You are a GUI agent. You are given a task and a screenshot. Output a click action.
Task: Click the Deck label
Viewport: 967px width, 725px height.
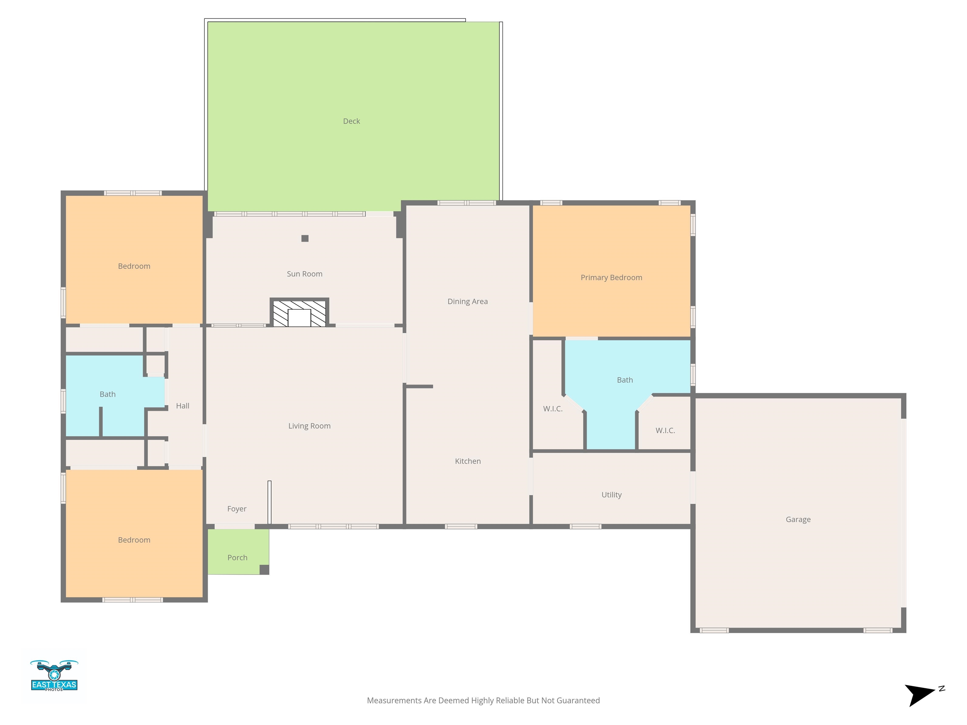coord(352,121)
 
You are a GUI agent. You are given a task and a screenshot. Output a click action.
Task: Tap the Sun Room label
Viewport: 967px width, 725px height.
coord(305,274)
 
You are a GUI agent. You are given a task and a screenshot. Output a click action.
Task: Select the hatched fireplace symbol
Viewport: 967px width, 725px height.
coord(299,313)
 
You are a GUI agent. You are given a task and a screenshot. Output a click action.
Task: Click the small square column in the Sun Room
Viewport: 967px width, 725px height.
coord(305,239)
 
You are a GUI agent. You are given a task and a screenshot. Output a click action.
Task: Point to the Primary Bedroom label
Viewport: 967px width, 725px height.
coord(611,278)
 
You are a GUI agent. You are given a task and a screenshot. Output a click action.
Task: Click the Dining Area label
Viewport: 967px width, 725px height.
coord(467,301)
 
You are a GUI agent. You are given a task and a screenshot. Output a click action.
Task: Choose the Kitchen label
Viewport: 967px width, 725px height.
coord(468,461)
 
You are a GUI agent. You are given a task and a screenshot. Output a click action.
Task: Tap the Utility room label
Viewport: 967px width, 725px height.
coord(611,495)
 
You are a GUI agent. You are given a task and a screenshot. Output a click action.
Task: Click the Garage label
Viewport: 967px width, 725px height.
coord(798,520)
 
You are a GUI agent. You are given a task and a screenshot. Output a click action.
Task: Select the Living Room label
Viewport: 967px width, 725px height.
coord(309,426)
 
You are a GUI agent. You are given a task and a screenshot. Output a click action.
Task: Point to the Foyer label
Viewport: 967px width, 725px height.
coord(236,509)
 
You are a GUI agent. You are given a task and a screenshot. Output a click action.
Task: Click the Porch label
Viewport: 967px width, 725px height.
coord(237,558)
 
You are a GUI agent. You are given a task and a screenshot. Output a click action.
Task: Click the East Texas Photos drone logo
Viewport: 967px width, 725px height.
coord(54,675)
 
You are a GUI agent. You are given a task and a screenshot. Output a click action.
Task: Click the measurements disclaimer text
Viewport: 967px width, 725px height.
coord(483,700)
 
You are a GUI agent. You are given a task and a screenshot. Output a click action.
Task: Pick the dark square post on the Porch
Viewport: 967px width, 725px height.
coord(264,570)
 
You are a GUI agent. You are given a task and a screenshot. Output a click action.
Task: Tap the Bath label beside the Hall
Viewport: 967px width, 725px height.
coord(108,394)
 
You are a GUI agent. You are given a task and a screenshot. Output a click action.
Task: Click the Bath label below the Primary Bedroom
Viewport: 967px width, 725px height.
coord(625,380)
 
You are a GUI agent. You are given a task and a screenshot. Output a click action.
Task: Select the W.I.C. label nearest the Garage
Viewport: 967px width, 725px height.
coord(665,431)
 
